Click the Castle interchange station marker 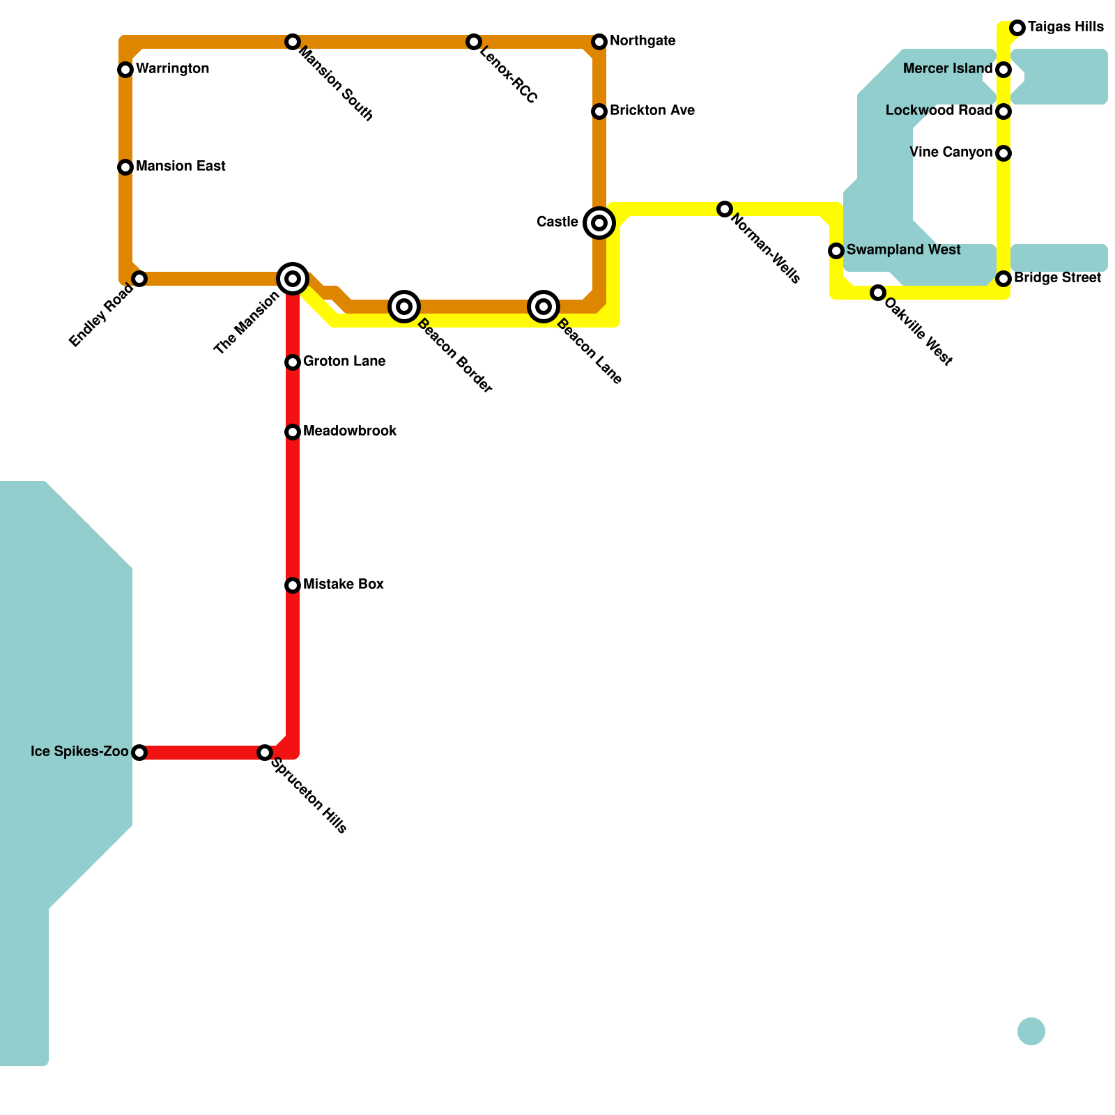[599, 223]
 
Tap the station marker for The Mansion [293, 279]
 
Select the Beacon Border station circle [404, 307]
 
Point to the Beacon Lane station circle [544, 307]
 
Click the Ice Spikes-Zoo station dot [139, 753]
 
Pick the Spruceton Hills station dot [265, 753]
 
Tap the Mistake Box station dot [293, 585]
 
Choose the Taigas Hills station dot [1017, 28]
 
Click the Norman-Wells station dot [725, 209]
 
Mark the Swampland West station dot [836, 251]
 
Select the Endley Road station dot [139, 279]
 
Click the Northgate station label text [643, 41]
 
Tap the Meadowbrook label [350, 431]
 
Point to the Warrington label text [172, 69]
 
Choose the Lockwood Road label [939, 111]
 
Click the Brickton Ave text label [652, 111]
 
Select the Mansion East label [180, 167]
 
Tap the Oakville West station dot [878, 293]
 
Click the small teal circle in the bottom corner [1031, 1031]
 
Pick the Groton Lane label [344, 362]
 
